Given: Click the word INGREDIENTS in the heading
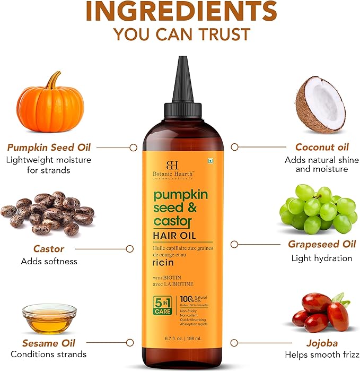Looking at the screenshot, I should (180, 12).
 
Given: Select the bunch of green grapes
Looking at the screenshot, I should (318, 207).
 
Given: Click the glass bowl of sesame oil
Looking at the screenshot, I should (49, 319).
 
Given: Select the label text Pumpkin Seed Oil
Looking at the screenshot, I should (48, 147).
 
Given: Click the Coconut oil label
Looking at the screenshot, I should (322, 147).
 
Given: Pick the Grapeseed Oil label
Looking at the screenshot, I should (321, 244).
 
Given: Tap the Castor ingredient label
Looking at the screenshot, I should (49, 248).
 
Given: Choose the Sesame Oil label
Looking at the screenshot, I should (49, 342).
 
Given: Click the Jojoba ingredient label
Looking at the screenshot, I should (322, 342).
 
